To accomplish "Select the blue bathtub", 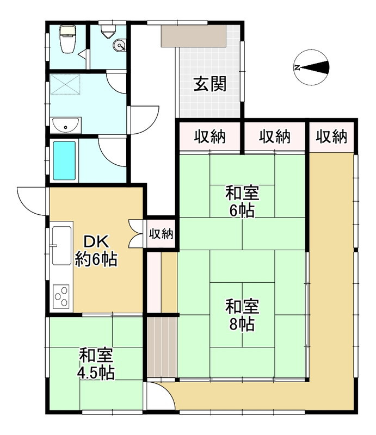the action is (x=64, y=160).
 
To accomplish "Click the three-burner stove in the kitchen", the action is (x=61, y=296).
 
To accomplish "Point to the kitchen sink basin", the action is (x=62, y=246).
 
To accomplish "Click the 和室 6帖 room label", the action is (x=242, y=202).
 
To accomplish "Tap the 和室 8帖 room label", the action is (x=242, y=315).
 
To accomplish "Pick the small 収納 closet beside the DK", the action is (x=161, y=234).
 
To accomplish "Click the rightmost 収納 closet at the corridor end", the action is (x=331, y=137).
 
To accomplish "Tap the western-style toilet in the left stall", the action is (x=68, y=39).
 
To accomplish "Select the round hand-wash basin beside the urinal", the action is (x=119, y=45).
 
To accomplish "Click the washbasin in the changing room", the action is (x=65, y=126).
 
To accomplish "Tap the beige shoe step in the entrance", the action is (x=194, y=36).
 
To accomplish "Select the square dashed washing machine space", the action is (x=65, y=84).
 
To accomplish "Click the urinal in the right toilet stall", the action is (x=108, y=32).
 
